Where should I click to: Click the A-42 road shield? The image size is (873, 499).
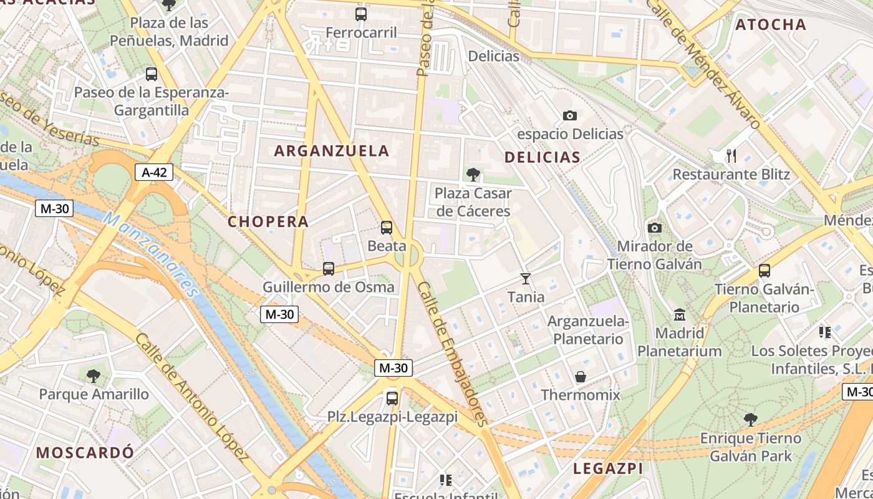point(154,172)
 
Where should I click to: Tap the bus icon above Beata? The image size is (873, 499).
point(387,228)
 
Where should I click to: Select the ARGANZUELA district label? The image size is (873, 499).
point(332,151)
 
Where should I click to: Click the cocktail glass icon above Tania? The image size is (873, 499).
point(526,278)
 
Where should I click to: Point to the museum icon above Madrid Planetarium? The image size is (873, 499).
point(680,314)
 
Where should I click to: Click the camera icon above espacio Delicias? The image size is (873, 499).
point(569,115)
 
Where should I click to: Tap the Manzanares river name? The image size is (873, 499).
point(150,255)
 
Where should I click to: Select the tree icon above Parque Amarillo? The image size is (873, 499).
point(94,375)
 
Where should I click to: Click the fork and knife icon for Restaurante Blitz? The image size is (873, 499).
point(731,155)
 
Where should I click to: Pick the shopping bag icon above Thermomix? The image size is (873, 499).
point(581,377)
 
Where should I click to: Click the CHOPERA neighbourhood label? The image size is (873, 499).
point(268,221)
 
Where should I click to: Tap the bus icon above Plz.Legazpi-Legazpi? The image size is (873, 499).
point(392,398)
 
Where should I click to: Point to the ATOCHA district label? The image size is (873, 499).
point(771,25)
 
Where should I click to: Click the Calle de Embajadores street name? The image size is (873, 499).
point(453,354)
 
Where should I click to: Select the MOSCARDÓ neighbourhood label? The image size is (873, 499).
point(85,452)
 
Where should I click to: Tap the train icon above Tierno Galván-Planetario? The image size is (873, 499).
point(764,271)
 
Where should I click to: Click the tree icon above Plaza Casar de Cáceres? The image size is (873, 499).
point(473,175)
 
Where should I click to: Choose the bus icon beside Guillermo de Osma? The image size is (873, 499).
point(329,269)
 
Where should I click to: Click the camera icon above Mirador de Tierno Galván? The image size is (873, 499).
point(655,228)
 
